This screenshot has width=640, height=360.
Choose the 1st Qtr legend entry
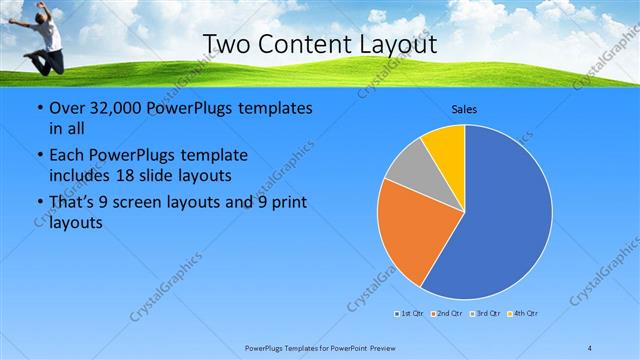409,314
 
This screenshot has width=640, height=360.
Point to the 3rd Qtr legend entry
485,314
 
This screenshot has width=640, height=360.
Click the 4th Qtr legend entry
523,314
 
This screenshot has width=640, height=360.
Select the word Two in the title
227,44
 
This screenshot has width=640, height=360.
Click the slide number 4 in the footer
590,347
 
